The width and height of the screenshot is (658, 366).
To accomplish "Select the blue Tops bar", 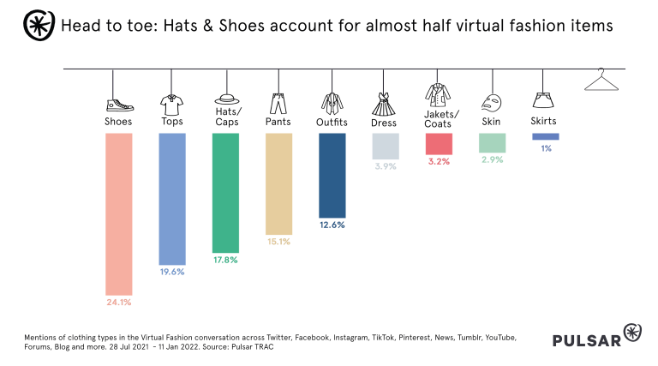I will click(x=172, y=198).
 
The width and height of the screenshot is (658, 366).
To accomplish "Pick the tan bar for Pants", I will click(x=278, y=183).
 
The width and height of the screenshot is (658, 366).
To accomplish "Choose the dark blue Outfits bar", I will click(x=332, y=175).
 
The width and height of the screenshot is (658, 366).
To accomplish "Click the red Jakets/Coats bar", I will click(x=440, y=143).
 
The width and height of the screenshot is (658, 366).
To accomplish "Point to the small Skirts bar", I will click(x=545, y=136).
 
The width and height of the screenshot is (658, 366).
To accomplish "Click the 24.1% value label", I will click(x=118, y=302).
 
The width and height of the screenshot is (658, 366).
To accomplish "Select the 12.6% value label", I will click(x=332, y=225).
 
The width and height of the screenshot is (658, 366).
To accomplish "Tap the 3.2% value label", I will click(x=440, y=161).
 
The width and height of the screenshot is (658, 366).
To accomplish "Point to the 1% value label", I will click(x=546, y=148).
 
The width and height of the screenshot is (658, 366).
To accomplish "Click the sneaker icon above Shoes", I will click(x=119, y=105).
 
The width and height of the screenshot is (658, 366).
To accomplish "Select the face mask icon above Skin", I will click(x=492, y=105).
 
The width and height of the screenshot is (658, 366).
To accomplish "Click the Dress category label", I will click(x=384, y=123).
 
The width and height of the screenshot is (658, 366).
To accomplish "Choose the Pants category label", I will click(x=278, y=122).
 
